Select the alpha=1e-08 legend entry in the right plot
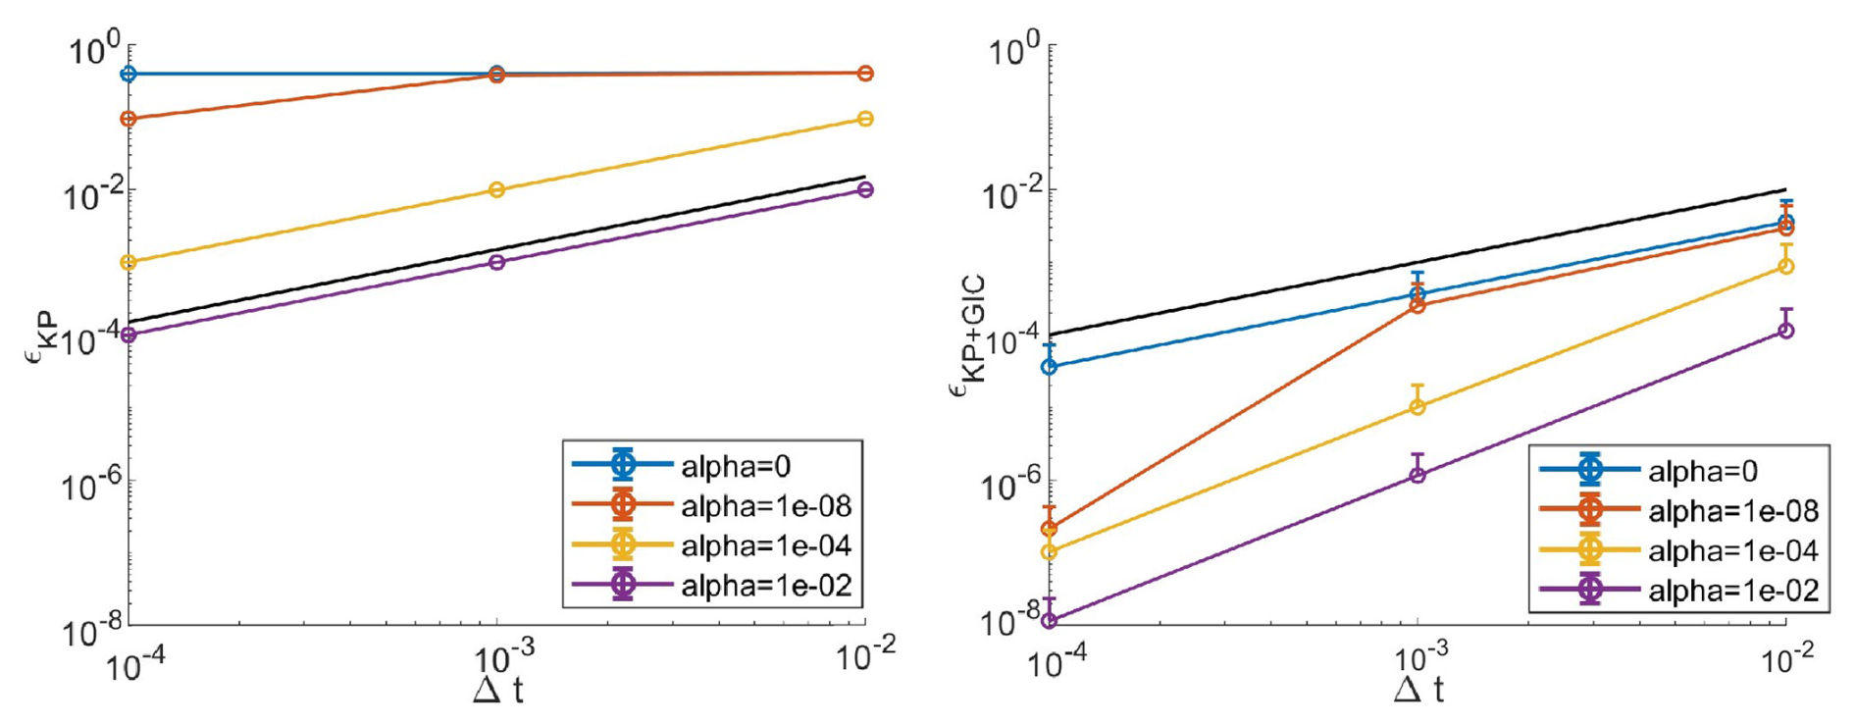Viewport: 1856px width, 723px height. click(1732, 511)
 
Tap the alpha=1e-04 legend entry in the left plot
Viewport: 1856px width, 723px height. click(765, 545)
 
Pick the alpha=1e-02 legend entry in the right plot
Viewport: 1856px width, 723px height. click(1732, 591)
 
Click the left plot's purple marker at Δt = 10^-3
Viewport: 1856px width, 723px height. click(496, 262)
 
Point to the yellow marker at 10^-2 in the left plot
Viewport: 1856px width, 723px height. click(864, 119)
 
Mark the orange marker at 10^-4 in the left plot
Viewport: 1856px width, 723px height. click(129, 119)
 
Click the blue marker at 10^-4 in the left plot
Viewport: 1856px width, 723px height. click(129, 74)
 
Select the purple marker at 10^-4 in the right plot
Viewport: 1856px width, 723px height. click(1049, 620)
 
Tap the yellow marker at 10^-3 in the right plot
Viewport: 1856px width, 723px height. click(1417, 407)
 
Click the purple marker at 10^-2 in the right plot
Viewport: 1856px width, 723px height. click(1785, 331)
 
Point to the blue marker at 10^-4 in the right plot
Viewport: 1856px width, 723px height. click(1049, 367)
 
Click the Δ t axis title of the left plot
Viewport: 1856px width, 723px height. click(497, 691)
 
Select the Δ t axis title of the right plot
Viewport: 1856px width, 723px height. click(1418, 691)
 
